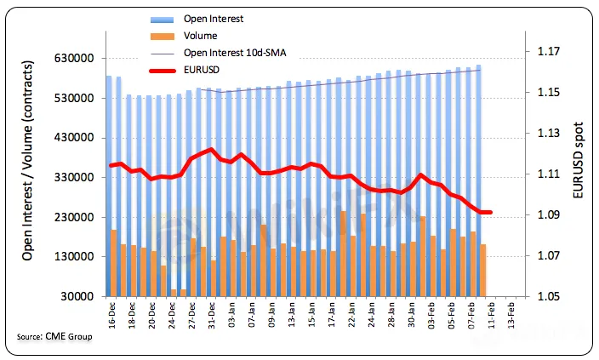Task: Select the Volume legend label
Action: click(200, 37)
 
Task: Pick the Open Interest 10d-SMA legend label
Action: click(234, 54)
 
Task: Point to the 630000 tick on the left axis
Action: click(73, 59)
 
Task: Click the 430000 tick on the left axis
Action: click(73, 138)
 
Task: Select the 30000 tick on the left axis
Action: click(77, 296)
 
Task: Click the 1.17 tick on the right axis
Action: click(551, 52)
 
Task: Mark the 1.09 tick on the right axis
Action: click(551, 215)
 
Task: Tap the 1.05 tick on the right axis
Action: click(551, 296)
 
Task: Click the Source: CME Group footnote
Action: click(54, 338)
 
